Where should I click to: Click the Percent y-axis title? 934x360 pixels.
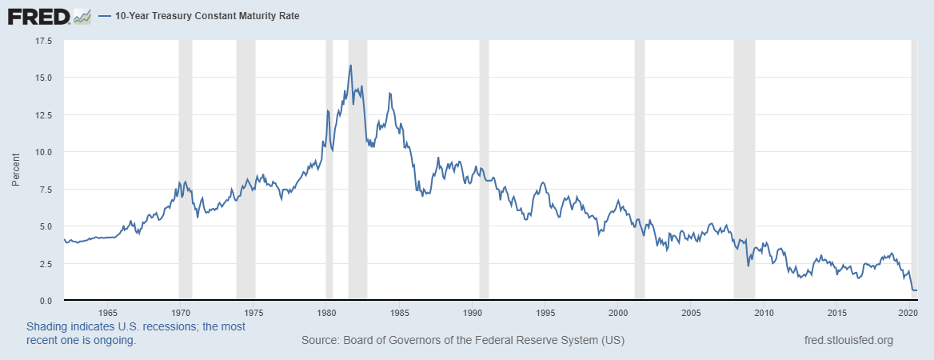click(15, 170)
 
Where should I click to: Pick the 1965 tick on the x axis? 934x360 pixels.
click(108, 312)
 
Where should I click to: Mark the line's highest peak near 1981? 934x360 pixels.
click(350, 66)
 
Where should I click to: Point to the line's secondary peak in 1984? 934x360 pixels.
click(389, 94)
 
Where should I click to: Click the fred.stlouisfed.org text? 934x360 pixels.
click(848, 341)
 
